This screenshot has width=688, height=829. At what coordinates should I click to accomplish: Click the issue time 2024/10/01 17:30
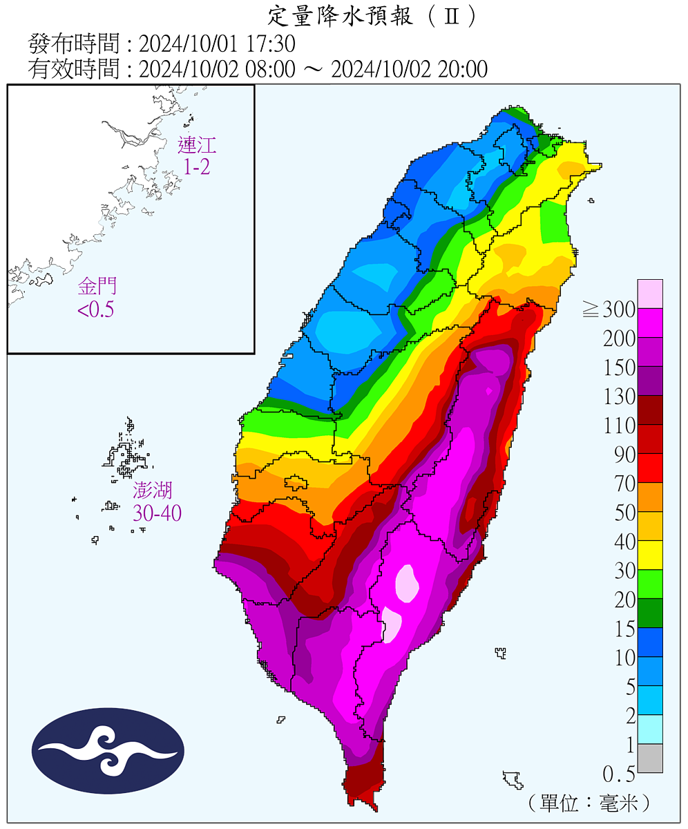click(x=217, y=44)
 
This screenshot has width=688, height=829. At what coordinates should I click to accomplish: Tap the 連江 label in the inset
click(x=197, y=145)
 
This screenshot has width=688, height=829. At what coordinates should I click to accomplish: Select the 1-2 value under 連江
click(x=197, y=166)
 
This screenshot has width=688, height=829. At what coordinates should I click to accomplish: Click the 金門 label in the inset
click(x=97, y=285)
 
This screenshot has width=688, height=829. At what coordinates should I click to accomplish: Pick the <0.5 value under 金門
click(x=96, y=309)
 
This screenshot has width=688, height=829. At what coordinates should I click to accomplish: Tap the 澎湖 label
click(x=153, y=490)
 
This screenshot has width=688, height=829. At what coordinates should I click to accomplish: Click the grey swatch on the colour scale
click(x=650, y=758)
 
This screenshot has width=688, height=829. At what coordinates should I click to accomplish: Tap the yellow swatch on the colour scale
click(x=650, y=555)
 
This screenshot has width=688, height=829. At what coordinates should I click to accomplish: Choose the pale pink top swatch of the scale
click(x=650, y=294)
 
